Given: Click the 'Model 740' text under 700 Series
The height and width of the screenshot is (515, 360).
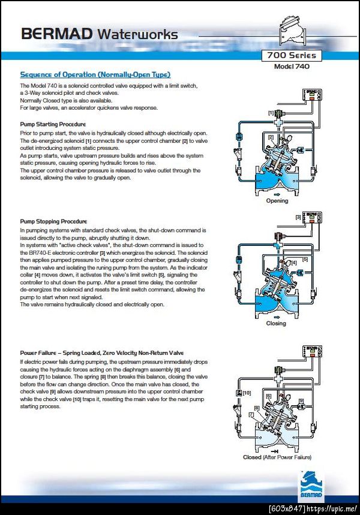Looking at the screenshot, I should [x=293, y=67].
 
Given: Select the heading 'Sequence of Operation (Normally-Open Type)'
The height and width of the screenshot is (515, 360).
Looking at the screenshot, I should [x=95, y=74].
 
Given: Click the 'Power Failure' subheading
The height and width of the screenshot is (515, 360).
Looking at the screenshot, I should [x=101, y=353].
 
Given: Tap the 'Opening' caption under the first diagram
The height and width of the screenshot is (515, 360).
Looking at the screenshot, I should [x=277, y=201].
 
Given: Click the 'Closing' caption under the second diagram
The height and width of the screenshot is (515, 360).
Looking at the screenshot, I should [x=276, y=324].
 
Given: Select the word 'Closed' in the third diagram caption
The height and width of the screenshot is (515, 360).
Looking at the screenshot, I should [x=252, y=457].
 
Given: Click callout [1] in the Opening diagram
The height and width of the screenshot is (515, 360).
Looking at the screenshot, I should [x=271, y=113].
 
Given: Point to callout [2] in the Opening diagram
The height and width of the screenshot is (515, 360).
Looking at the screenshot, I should [x=271, y=137].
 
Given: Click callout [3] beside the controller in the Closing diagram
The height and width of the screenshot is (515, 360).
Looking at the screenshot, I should [x=297, y=217].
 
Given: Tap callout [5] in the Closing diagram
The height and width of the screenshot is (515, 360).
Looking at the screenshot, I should [x=305, y=259].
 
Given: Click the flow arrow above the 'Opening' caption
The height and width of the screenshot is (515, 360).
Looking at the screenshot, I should [x=277, y=194].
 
